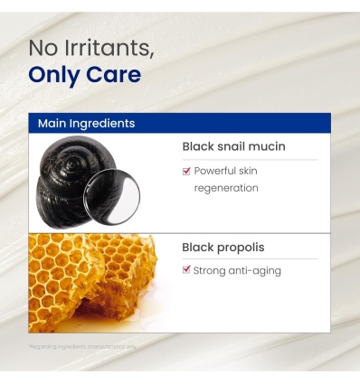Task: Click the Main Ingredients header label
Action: click(x=87, y=123)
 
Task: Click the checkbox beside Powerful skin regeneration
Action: click(x=186, y=170)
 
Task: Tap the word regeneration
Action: click(x=226, y=188)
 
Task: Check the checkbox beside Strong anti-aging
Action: click(x=186, y=269)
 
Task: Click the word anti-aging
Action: click(x=257, y=270)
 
